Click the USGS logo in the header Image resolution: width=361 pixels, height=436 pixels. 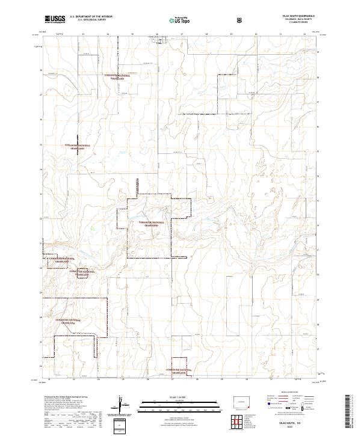coord(55,19)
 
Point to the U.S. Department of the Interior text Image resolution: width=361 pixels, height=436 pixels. coord(91,17)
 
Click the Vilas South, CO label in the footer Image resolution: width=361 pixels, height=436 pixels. coord(297,424)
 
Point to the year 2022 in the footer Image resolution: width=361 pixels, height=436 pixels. coord(297,428)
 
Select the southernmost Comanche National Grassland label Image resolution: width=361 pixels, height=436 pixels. coord(176,372)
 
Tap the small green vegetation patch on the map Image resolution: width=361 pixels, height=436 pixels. coord(92,227)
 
